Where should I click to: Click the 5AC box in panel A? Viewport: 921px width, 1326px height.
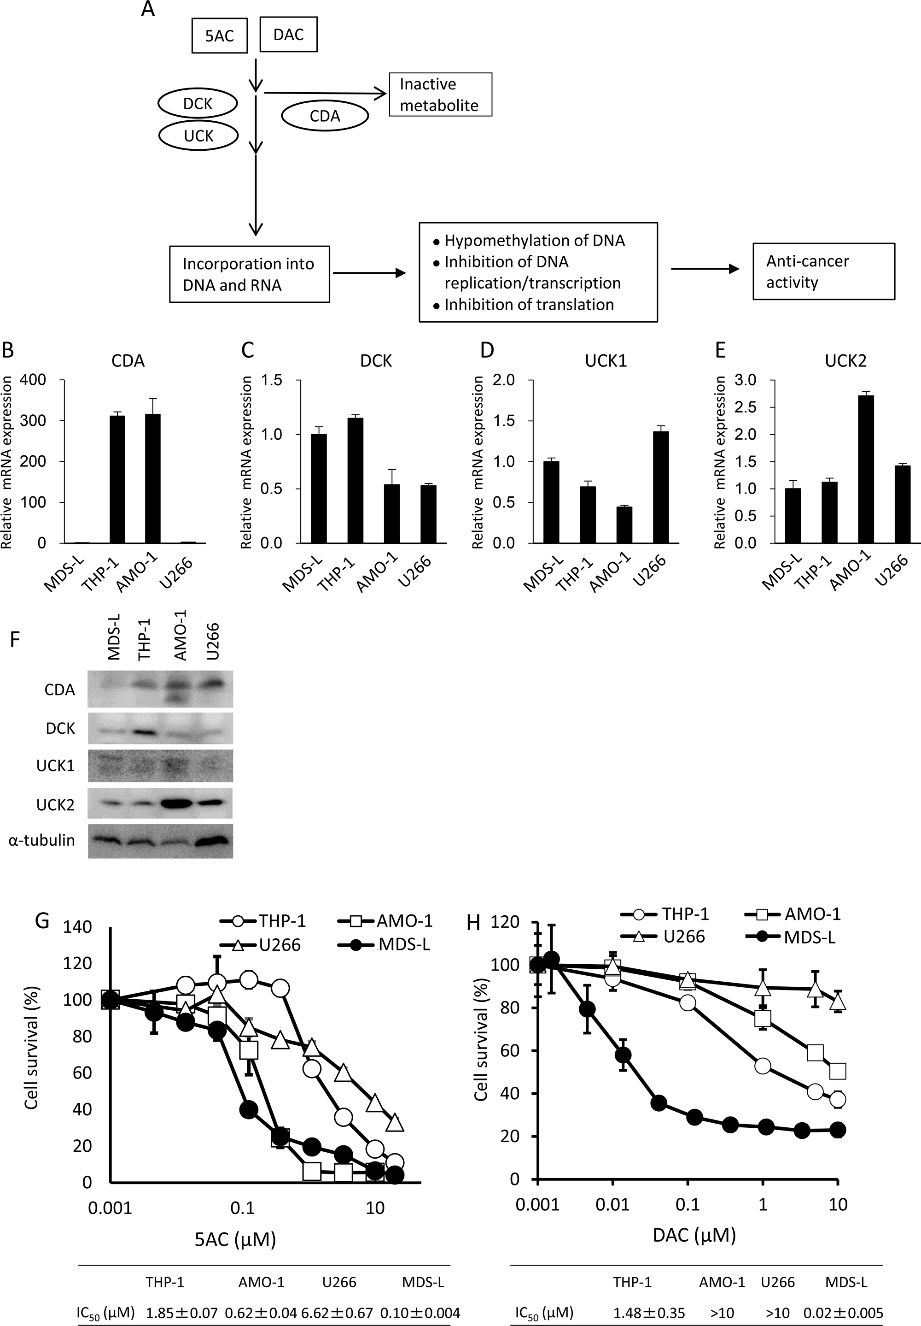[x=219, y=36]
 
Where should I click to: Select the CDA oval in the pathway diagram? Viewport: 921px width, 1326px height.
[x=325, y=116]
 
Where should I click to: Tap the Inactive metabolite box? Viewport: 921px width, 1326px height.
[x=440, y=95]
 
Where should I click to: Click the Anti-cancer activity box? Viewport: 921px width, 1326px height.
[x=823, y=271]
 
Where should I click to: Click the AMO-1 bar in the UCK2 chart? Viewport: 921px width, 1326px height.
[x=866, y=469]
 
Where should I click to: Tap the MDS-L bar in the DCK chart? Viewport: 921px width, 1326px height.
[x=319, y=489]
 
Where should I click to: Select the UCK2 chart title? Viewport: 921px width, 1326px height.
[x=845, y=361]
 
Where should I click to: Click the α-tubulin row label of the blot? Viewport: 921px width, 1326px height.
[x=41, y=840]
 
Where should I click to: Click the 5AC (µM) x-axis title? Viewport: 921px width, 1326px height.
[x=235, y=1239]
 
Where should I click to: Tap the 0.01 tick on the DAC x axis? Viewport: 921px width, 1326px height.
[x=612, y=1204]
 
